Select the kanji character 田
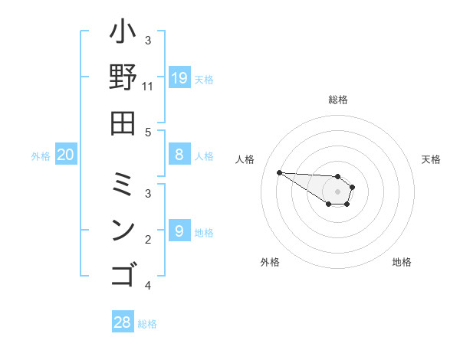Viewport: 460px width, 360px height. pos(123,122)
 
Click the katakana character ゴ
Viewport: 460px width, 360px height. pos(123,273)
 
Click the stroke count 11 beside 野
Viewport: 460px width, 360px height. pos(148,86)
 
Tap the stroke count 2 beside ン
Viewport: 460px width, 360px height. pos(148,240)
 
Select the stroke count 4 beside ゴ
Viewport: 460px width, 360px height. pos(148,286)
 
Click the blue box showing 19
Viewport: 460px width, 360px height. pos(179,77)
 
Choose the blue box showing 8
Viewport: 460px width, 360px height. pos(179,155)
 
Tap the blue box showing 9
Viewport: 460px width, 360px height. pos(179,231)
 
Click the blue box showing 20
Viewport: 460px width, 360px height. pos(66,155)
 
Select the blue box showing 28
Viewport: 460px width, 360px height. pos(123,322)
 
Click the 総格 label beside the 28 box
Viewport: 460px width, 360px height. pos(147,324)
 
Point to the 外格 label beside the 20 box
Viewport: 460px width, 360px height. pos(41,156)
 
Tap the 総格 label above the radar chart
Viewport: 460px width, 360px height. pos(337,100)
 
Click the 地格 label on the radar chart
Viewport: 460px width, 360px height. pos(402,262)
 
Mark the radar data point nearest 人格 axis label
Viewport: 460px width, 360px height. pos(279,172)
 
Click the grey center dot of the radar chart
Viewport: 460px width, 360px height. pos(337,191)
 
